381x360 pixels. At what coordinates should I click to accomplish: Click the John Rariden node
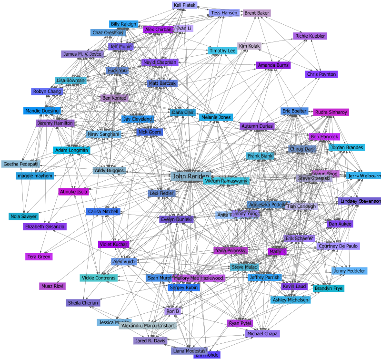coord(190,176)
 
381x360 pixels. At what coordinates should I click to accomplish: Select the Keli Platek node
coord(184,5)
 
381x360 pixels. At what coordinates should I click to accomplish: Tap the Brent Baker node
coord(257,13)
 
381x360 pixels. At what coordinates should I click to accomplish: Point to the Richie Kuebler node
coord(310,36)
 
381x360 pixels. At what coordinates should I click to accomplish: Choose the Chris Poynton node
coord(321,74)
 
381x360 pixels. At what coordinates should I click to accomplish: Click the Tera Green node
coord(39,257)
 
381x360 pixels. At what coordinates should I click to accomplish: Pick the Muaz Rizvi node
coord(52,286)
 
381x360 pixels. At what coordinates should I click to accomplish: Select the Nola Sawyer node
coord(23,216)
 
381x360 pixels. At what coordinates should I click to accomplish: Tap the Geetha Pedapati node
coord(20,164)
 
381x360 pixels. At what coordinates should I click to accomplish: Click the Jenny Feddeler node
coord(350,271)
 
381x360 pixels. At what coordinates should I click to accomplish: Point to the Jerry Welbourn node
coord(364,175)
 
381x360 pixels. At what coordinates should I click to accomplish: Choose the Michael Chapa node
coord(262,334)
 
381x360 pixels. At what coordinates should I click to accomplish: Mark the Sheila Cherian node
coord(83,303)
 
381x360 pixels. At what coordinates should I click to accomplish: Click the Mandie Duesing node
coord(42,111)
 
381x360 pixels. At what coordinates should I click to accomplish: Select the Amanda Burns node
coord(273,65)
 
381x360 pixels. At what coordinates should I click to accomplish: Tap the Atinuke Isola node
coord(73,192)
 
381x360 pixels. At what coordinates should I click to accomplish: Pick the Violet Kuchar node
coord(113,244)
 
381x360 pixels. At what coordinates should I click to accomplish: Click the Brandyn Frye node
coord(329,288)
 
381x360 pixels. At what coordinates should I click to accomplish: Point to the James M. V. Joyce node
coord(82,54)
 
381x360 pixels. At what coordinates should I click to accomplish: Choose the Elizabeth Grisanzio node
coord(45,226)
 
